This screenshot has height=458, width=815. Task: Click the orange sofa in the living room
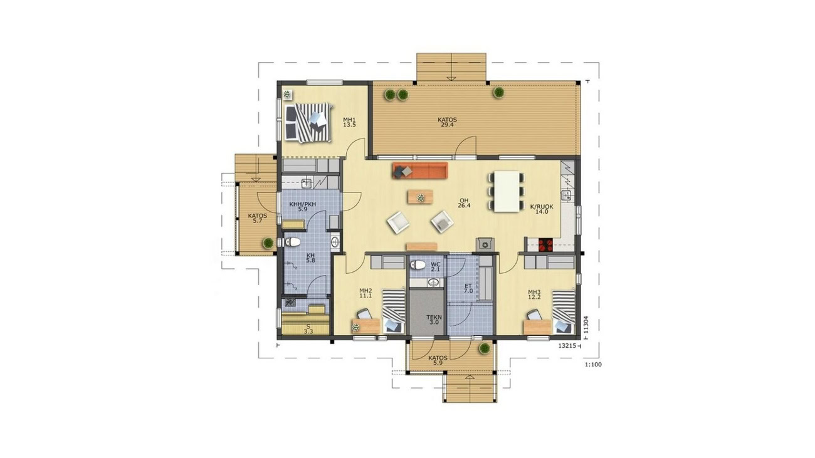pyautogui.click(x=420, y=170)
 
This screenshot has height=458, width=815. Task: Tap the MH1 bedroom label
pyautogui.click(x=349, y=122)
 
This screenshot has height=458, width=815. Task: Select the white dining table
pyautogui.click(x=507, y=191)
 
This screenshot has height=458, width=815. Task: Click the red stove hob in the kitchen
pyautogui.click(x=546, y=244)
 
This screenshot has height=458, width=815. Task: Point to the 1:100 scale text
pyautogui.click(x=593, y=365)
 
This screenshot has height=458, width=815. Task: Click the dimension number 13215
pyautogui.click(x=567, y=346)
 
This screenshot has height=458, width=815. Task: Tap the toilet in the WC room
pyautogui.click(x=418, y=264)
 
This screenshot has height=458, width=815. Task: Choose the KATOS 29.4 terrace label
pyautogui.click(x=447, y=122)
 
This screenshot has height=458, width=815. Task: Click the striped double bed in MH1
pyautogui.click(x=308, y=123)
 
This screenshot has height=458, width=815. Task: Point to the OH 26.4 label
pyautogui.click(x=465, y=203)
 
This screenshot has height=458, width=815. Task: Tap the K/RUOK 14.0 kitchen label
pyautogui.click(x=542, y=209)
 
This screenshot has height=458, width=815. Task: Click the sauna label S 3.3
pyautogui.click(x=308, y=328)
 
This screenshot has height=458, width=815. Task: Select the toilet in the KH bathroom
pyautogui.click(x=292, y=242)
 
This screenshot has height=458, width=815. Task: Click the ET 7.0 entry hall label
pyautogui.click(x=468, y=289)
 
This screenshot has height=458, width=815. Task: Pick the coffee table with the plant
pyautogui.click(x=421, y=197)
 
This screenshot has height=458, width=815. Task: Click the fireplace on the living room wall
pyautogui.click(x=485, y=244)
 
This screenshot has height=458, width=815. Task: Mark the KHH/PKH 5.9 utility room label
pyautogui.click(x=303, y=207)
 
